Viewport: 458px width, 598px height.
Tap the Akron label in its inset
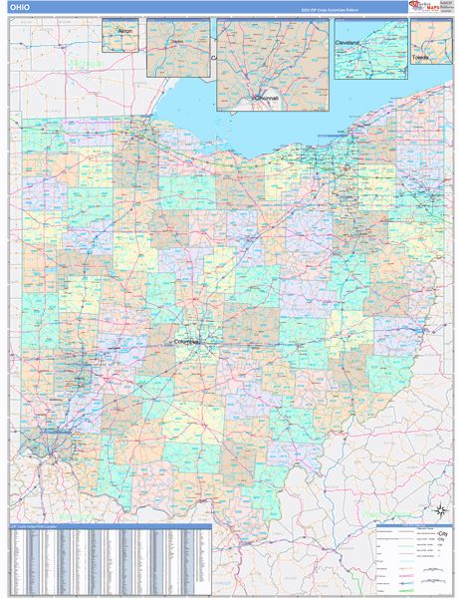(x=124, y=32)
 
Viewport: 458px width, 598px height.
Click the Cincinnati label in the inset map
(x=264, y=98)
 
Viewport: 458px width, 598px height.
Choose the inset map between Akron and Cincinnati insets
(x=178, y=47)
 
